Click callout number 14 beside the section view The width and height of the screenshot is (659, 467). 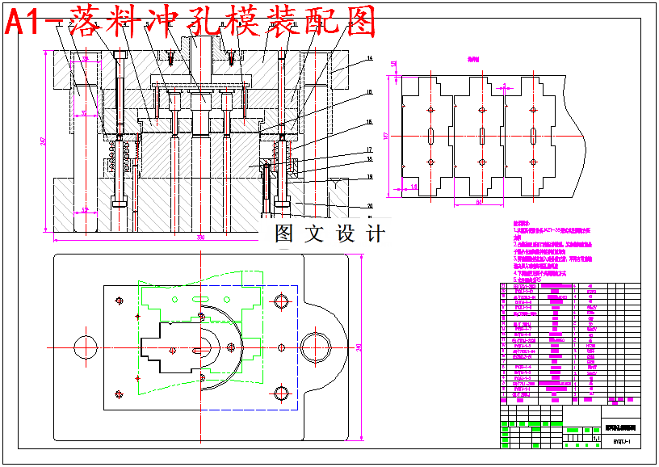[x=368, y=59]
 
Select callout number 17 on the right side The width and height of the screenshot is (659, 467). [x=368, y=149]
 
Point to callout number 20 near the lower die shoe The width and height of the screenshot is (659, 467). [x=368, y=205]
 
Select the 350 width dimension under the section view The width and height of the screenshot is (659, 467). [x=200, y=238]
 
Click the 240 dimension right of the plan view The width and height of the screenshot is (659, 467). [x=358, y=347]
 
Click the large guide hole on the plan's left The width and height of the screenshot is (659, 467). [x=85, y=347]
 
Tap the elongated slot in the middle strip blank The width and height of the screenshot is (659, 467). [x=482, y=134]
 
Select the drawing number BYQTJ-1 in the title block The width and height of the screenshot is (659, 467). [x=621, y=442]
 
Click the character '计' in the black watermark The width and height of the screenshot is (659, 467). [x=376, y=234]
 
